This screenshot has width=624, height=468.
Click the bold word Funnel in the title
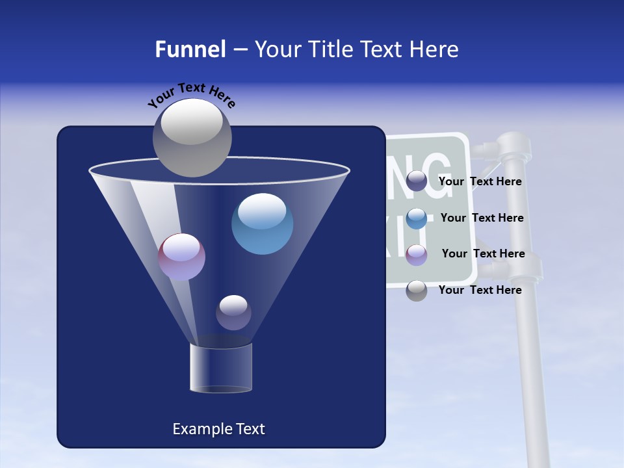[x=190, y=49]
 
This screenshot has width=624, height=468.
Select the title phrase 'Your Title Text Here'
[x=356, y=49]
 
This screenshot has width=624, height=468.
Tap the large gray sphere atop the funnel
[x=192, y=137]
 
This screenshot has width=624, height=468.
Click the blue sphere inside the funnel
[x=262, y=224]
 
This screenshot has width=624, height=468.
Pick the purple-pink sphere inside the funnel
[x=181, y=257]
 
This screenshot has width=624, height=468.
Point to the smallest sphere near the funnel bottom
[x=233, y=313]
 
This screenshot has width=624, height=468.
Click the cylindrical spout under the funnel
[x=221, y=369]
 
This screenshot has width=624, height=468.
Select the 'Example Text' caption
[x=218, y=429]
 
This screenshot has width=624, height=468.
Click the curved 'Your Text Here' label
[x=192, y=96]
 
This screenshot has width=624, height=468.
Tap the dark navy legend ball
[x=417, y=181]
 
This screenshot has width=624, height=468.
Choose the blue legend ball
[x=417, y=218]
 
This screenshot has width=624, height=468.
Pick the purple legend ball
[x=417, y=255]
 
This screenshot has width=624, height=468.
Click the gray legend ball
[x=417, y=291]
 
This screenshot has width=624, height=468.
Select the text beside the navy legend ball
[x=480, y=182]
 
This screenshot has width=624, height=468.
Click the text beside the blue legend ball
[x=482, y=218]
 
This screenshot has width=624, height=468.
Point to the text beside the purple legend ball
[x=483, y=253]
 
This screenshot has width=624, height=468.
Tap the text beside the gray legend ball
[x=480, y=290]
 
